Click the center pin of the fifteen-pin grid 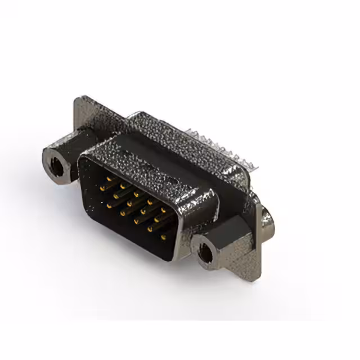point(135,204)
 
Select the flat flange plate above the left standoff point(84,121)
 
